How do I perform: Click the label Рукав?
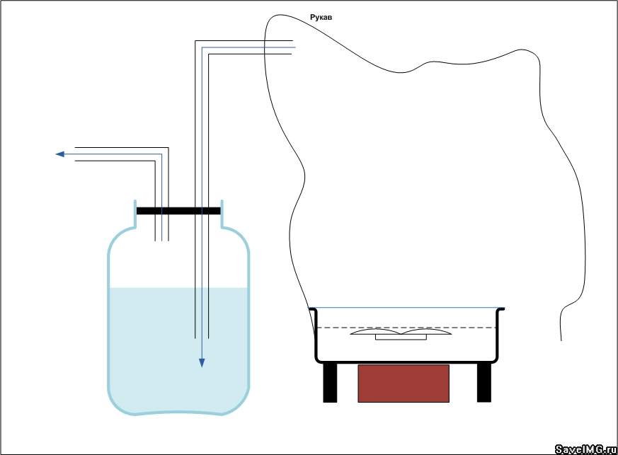[x=321, y=17]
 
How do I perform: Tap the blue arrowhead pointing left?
[x=60, y=154]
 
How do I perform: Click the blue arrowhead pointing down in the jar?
[x=202, y=363]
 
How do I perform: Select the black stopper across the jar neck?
[x=178, y=211]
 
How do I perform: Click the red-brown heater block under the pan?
[x=404, y=384]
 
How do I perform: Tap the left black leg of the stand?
[x=330, y=383]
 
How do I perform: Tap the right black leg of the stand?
[x=484, y=383]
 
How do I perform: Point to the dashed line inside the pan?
[x=406, y=328]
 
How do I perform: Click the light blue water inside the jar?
[x=178, y=350]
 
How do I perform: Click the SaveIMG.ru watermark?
[x=585, y=449]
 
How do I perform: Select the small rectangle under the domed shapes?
[x=401, y=338]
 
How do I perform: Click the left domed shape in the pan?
[x=376, y=331]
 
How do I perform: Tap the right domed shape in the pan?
[x=426, y=331]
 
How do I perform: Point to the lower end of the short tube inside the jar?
[x=161, y=240]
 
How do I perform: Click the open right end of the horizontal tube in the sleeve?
[x=293, y=47]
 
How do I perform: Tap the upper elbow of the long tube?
[x=202, y=47]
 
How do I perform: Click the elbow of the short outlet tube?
[x=161, y=154]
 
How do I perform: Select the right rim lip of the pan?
[x=500, y=309]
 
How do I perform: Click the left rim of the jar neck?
[x=135, y=214]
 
